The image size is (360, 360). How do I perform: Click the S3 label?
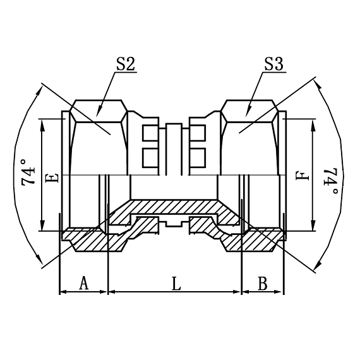273,64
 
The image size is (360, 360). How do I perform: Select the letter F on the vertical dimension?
306,172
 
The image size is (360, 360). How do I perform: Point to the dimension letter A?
83,284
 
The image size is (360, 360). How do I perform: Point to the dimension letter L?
176,284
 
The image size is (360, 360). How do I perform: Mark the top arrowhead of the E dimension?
44,123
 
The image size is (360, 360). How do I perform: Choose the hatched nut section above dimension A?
85,239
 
